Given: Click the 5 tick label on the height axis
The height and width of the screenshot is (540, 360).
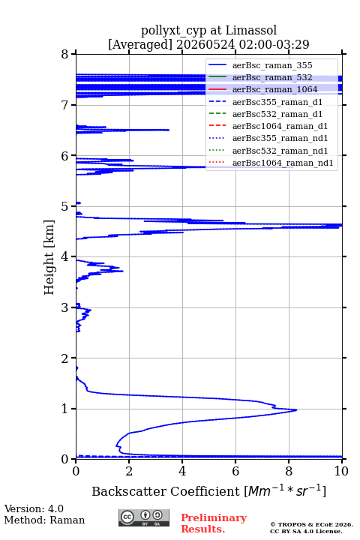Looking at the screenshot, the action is pyautogui.click(x=64, y=206).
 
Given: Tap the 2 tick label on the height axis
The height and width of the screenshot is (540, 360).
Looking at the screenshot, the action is pyautogui.click(x=64, y=358).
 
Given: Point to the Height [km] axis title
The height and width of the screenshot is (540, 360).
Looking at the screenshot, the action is pyautogui.click(x=49, y=257).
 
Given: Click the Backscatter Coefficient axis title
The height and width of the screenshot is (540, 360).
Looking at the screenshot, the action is pyautogui.click(x=208, y=490).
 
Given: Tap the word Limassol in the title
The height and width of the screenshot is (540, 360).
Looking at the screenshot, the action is pyautogui.click(x=250, y=30).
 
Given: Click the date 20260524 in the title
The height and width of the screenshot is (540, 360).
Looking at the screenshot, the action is pyautogui.click(x=205, y=44).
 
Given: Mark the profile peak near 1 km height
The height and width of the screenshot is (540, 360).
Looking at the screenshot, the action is pyautogui.click(x=296, y=409).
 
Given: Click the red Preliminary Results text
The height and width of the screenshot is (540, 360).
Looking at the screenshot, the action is pyautogui.click(x=214, y=523).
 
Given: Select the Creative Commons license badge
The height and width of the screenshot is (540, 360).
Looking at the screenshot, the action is pyautogui.click(x=144, y=517).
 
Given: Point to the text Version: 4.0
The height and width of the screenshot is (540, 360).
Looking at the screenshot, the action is pyautogui.click(x=34, y=508).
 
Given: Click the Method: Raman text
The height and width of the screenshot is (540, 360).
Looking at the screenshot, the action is pyautogui.click(x=44, y=520).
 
